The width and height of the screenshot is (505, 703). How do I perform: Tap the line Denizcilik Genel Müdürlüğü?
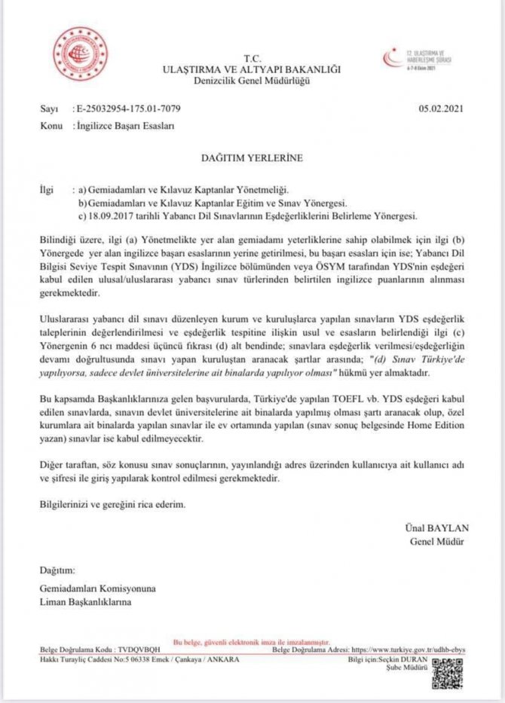252,80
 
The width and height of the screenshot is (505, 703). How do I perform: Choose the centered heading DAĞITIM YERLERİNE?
252,158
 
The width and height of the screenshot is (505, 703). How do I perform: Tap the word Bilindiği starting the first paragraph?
54,239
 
